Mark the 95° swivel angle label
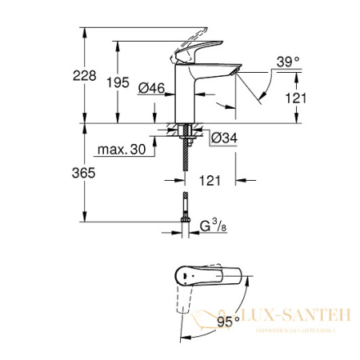229,322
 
